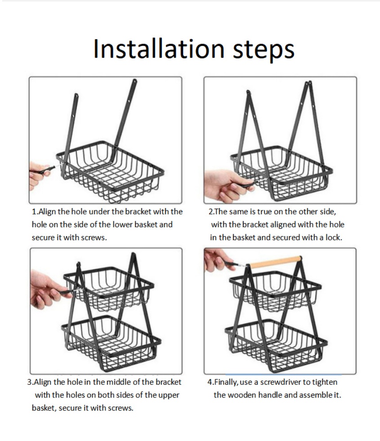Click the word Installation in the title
click(x=159, y=49)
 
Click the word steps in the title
click(x=264, y=51)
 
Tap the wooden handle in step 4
click(x=275, y=262)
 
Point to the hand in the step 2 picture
click(x=225, y=186)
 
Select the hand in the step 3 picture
click(x=45, y=288)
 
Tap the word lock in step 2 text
click(x=333, y=238)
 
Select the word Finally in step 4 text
click(x=225, y=383)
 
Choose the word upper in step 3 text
click(x=169, y=396)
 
